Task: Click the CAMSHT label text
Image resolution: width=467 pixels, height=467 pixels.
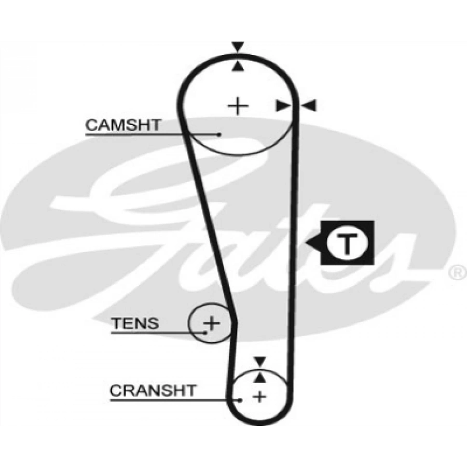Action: point(123,125)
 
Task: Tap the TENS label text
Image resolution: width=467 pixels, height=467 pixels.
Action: point(135,324)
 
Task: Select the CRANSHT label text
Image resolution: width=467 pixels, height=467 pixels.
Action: point(153,390)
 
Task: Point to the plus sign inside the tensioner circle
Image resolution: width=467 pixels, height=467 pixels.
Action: point(211,323)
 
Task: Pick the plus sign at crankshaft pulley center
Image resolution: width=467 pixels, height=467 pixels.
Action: point(259,397)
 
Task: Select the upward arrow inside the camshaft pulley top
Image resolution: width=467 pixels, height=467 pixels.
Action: point(238,66)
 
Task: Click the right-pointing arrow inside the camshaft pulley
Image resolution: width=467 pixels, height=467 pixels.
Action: point(282,106)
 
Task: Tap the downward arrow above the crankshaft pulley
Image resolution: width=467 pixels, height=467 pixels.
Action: point(259,361)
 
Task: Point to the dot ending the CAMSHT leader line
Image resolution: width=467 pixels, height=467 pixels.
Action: point(219,134)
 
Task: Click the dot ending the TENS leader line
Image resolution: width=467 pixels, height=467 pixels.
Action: point(205,332)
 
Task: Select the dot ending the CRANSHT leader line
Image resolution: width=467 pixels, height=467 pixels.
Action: point(241,400)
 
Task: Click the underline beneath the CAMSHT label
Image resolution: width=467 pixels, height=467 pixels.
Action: point(150,135)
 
